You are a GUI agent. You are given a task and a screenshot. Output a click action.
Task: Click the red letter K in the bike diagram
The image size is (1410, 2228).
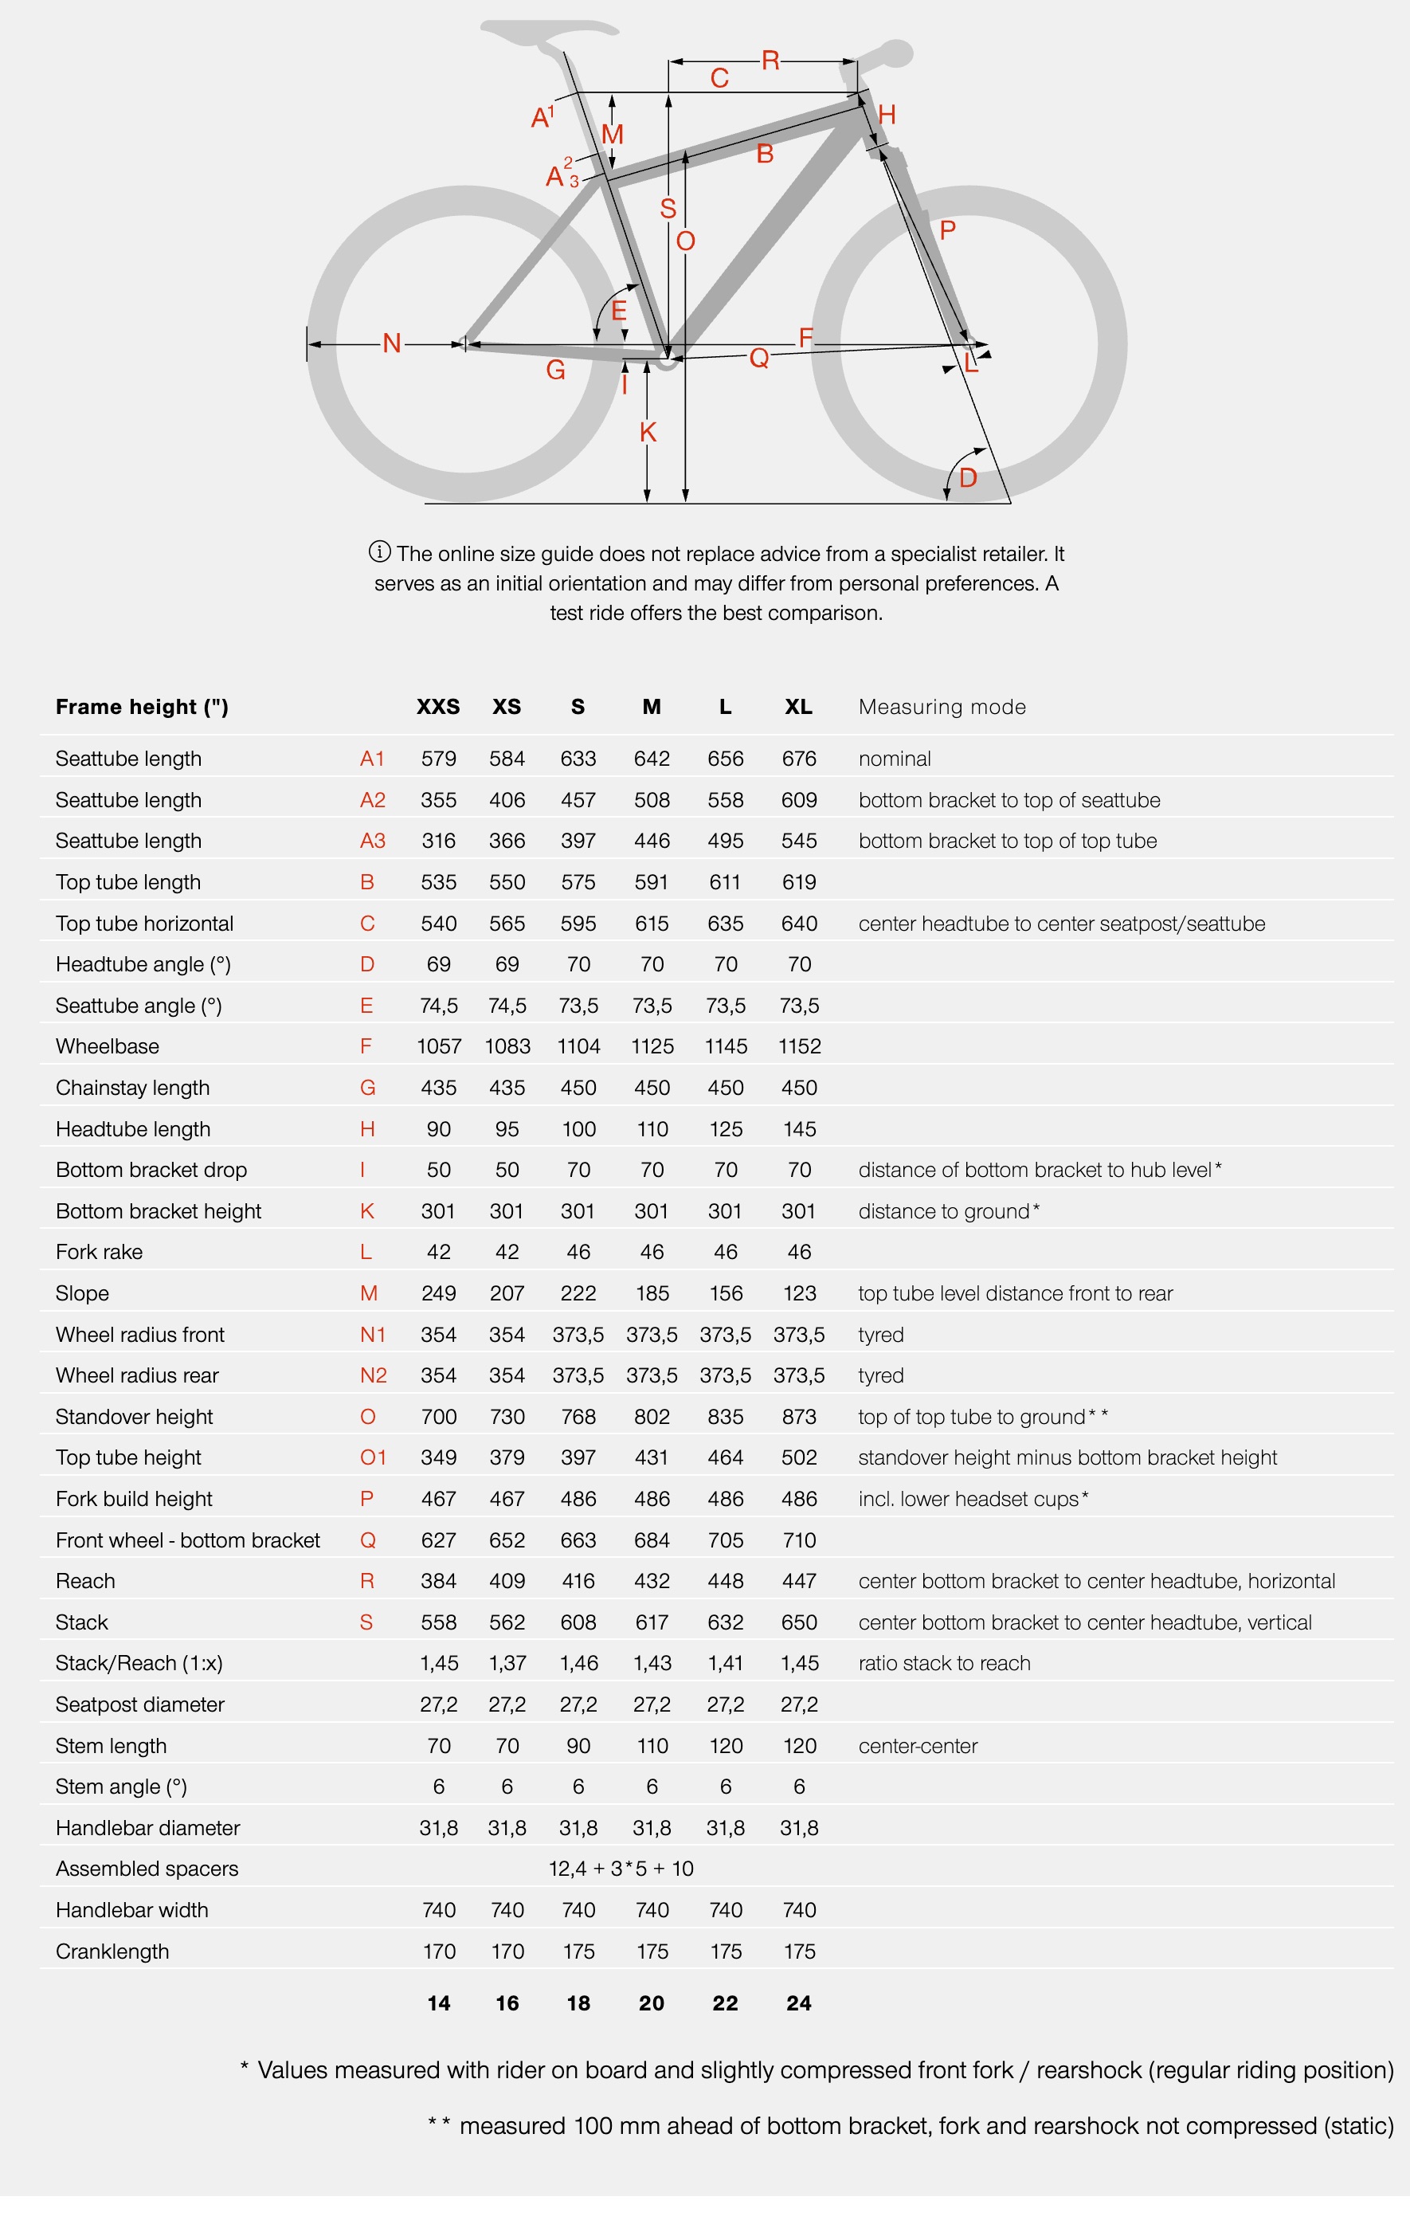648,432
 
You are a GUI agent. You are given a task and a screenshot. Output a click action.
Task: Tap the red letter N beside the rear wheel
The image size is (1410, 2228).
391,344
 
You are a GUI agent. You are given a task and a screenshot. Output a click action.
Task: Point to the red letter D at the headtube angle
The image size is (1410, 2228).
968,478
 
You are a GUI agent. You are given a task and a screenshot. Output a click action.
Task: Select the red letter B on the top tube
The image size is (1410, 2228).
764,155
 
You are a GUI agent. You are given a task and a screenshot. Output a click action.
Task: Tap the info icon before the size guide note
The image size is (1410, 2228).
379,552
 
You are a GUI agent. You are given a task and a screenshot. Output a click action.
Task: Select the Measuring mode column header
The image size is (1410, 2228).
942,707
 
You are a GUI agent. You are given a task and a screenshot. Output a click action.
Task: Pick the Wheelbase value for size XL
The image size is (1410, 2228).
799,1046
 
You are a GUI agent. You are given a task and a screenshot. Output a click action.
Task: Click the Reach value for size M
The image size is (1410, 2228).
652,1581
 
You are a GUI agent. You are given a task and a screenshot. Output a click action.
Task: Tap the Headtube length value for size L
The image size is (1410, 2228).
726,1129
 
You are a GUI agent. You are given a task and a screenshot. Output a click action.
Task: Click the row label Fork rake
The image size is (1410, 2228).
99,1252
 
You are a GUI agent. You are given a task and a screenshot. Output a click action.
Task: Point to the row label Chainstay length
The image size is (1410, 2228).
132,1088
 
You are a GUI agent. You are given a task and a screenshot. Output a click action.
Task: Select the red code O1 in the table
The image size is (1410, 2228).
373,1458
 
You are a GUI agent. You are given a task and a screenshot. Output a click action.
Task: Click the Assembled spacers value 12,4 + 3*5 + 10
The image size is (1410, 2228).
621,1869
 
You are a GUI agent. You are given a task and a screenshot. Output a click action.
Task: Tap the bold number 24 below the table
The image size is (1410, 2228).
798,2003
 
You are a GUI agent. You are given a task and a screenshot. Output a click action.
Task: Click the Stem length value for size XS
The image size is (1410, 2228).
507,1746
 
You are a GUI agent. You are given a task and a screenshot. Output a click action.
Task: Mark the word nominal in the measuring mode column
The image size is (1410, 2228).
894,759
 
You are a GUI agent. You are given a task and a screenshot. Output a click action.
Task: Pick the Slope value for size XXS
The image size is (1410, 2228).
439,1293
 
